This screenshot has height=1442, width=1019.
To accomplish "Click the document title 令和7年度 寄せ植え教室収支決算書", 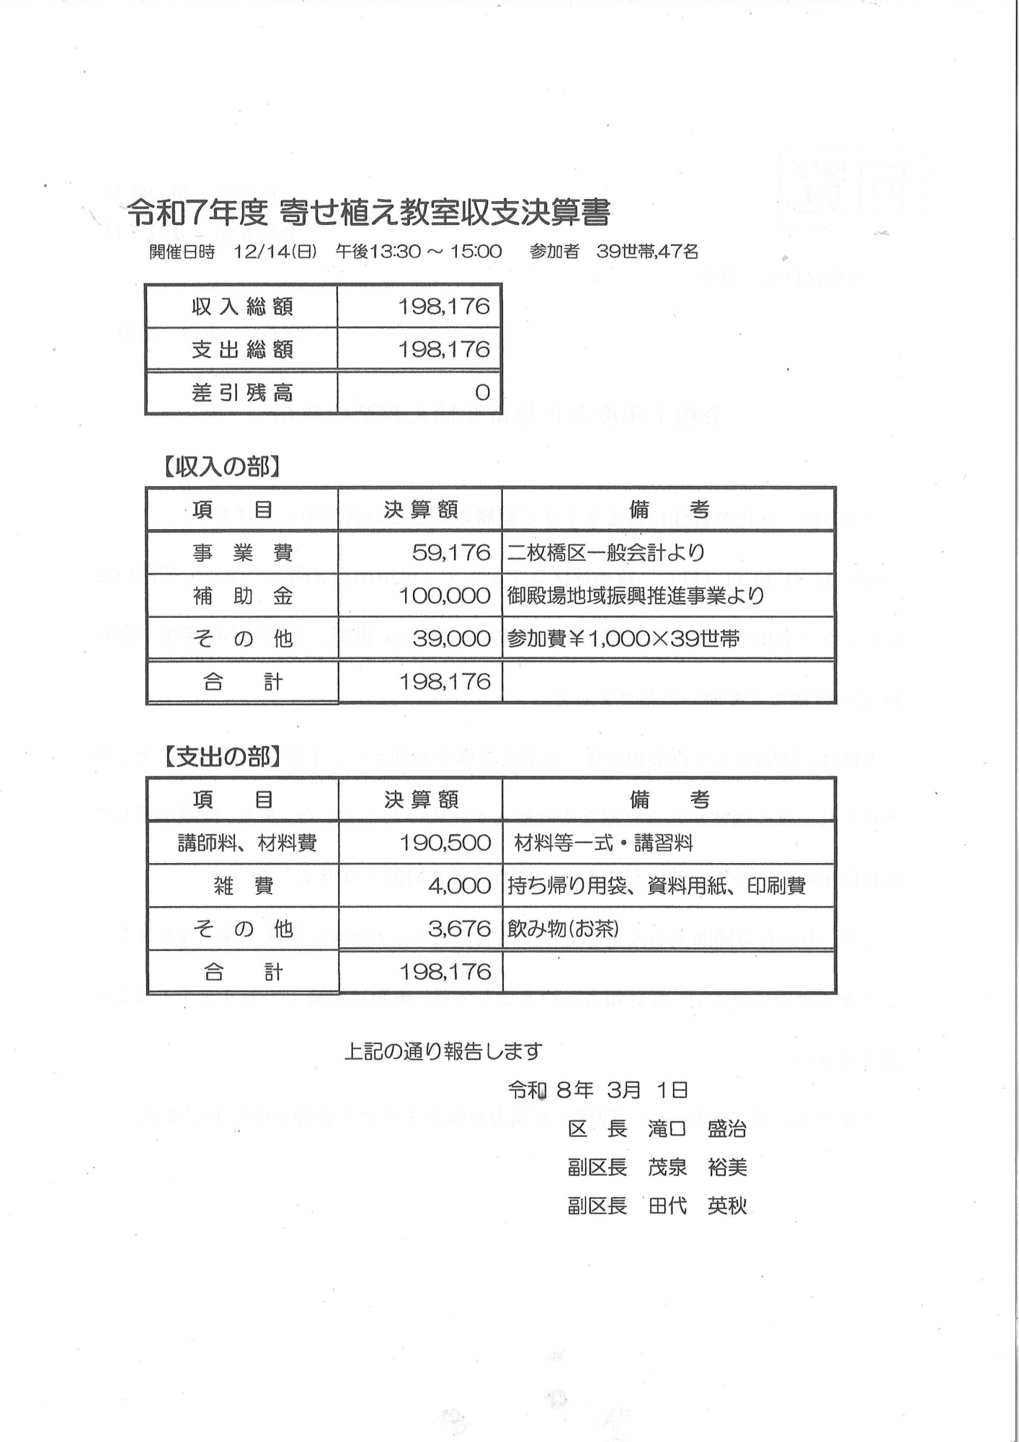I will click(368, 212).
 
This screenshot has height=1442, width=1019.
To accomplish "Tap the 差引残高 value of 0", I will click(482, 393).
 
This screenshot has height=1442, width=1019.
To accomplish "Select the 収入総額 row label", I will click(241, 307).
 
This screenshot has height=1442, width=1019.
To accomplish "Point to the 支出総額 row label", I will click(241, 350).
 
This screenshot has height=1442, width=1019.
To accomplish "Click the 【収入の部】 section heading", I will click(221, 467).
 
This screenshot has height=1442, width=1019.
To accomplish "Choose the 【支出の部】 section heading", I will click(221, 757).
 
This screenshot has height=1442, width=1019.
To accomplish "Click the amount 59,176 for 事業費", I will click(451, 553).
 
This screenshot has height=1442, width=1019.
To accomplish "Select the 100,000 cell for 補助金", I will click(445, 596).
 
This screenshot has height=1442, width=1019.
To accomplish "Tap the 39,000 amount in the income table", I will click(451, 639).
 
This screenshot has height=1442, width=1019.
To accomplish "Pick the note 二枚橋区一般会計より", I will click(605, 553).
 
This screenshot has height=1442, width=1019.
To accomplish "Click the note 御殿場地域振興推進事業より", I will click(635, 596).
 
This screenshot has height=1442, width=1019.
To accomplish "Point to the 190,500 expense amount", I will click(445, 843).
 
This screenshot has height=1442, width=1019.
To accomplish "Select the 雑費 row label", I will click(243, 886).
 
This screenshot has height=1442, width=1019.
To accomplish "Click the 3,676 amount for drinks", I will click(459, 929).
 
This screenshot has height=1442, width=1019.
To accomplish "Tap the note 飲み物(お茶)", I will click(563, 929).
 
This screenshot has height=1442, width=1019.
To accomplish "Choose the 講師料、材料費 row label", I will click(246, 843).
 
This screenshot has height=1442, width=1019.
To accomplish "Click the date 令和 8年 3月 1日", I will click(597, 1090).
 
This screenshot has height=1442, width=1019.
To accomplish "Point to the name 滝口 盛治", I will click(696, 1129).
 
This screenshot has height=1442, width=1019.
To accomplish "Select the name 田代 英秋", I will click(697, 1206).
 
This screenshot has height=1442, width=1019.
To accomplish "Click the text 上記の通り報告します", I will click(442, 1052).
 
